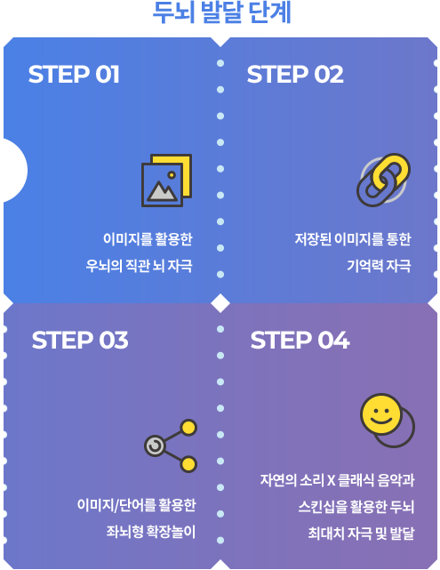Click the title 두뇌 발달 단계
pyautogui.click(x=221, y=13)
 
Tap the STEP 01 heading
pyautogui.click(x=74, y=75)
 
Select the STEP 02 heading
pyautogui.click(x=295, y=75)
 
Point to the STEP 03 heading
pyautogui.click(x=80, y=341)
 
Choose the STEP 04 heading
pyautogui.click(x=300, y=341)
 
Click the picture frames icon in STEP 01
pyautogui.click(x=167, y=181)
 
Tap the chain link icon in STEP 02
pyautogui.click(x=384, y=180)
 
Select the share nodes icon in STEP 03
pyautogui.click(x=171, y=446)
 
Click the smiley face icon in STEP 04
pyautogui.click(x=388, y=421)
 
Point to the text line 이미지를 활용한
pyautogui.click(x=148, y=239)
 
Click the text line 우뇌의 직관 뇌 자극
pyautogui.click(x=139, y=266)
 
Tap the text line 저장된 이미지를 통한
pyautogui.click(x=353, y=239)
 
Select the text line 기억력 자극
pyautogui.click(x=379, y=266)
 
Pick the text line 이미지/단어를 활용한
pyautogui.click(x=136, y=505)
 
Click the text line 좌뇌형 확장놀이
pyautogui.click(x=151, y=532)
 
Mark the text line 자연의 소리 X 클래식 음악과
pyautogui.click(x=337, y=480)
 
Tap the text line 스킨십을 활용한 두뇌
pyautogui.click(x=356, y=507)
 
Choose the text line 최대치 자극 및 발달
pyautogui.click(x=361, y=534)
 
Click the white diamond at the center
pyautogui.click(x=220, y=303)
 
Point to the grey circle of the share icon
pyautogui.click(x=156, y=446)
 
